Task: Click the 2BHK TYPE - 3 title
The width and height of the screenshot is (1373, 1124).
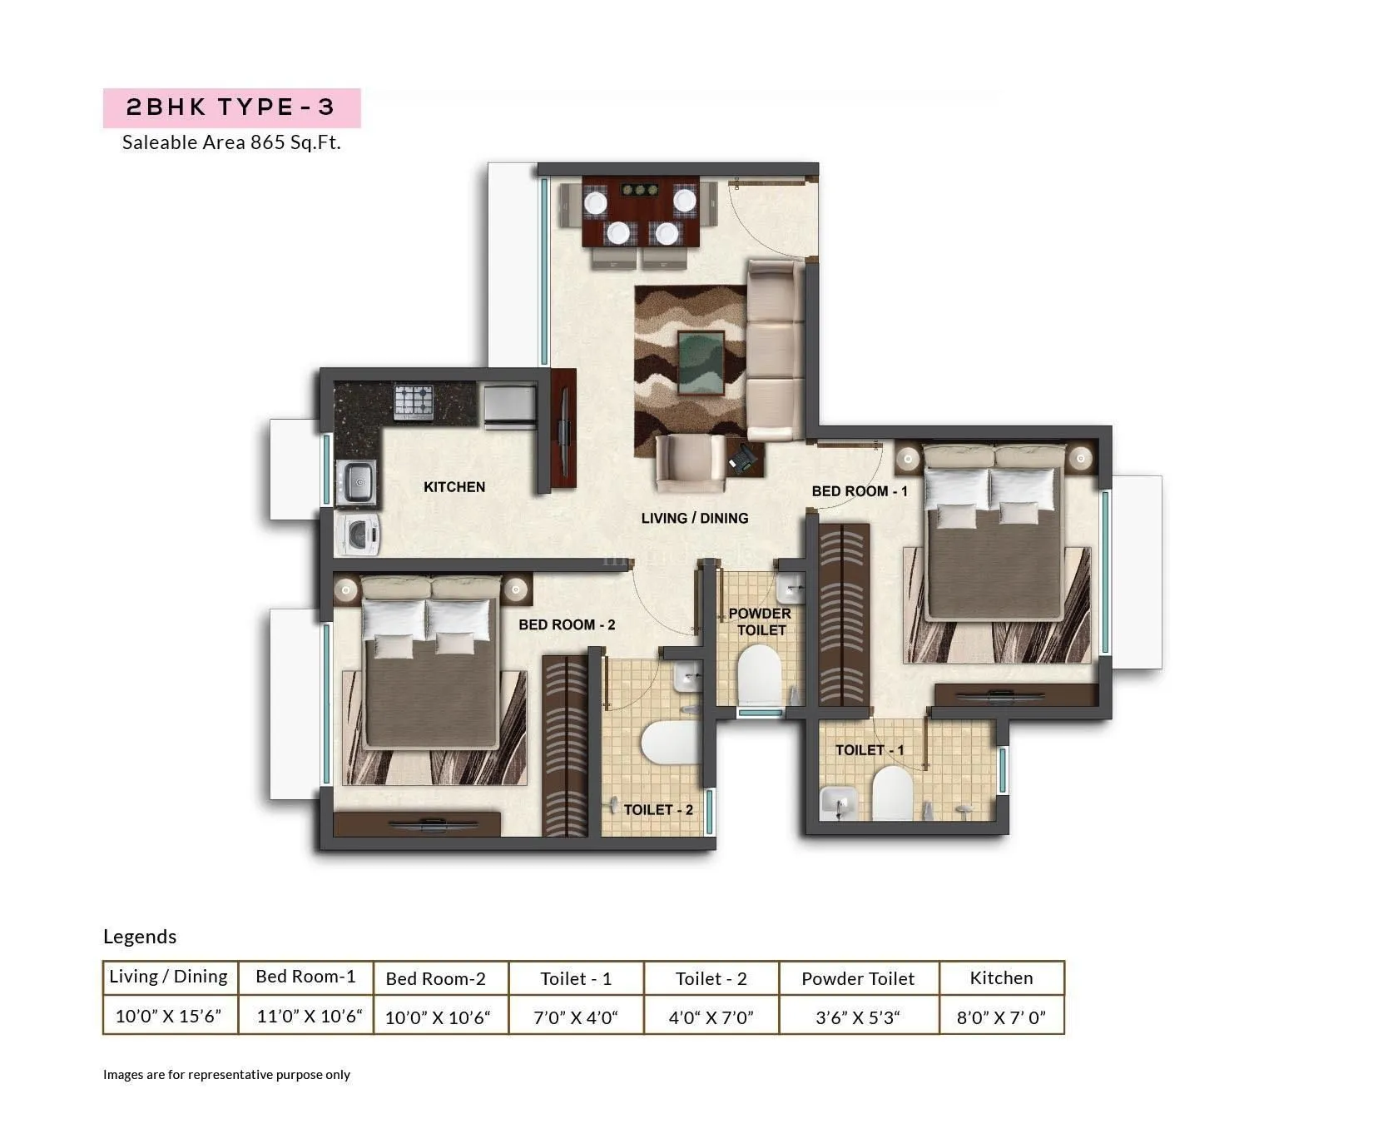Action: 230,107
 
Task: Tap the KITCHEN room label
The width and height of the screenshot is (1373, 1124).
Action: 454,487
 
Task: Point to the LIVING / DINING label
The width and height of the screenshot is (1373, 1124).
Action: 695,518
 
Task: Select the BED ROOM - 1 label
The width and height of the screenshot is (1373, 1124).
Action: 860,491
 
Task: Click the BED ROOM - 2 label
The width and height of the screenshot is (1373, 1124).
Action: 567,624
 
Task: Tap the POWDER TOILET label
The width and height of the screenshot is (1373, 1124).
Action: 761,622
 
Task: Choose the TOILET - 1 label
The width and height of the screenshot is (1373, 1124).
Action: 870,750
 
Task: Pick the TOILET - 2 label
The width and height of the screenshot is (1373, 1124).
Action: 658,809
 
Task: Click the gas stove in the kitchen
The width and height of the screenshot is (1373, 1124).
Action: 414,401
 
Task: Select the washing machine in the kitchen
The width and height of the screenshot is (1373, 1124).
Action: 358,534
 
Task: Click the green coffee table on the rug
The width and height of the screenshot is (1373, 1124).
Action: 700,363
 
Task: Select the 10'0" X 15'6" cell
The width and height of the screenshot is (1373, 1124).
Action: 169,1016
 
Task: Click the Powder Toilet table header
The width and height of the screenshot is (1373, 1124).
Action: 858,979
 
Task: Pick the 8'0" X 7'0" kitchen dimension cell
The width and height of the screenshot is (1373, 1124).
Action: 1001,1017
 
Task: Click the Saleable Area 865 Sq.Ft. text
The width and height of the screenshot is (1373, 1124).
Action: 231,142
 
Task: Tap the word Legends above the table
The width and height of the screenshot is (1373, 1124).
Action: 140,937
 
